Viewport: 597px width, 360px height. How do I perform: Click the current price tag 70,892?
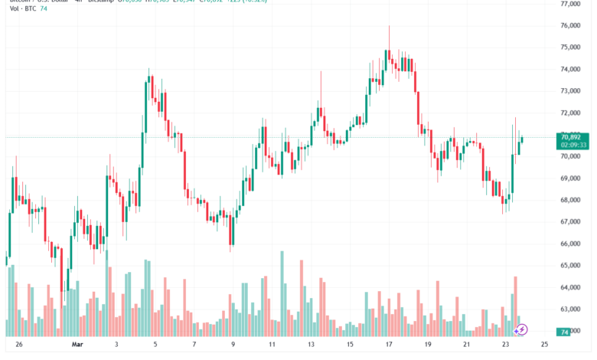(x=573, y=136)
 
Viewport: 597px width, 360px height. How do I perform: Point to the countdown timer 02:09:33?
(x=573, y=144)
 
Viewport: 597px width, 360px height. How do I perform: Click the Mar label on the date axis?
(x=76, y=345)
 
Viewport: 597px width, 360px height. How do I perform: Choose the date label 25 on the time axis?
(x=544, y=345)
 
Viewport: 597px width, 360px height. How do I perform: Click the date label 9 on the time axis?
(x=232, y=345)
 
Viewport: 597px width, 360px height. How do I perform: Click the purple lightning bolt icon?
(x=520, y=329)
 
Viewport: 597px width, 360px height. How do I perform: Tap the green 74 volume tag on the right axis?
(x=564, y=332)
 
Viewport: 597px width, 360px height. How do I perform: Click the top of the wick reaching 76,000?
(x=389, y=26)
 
